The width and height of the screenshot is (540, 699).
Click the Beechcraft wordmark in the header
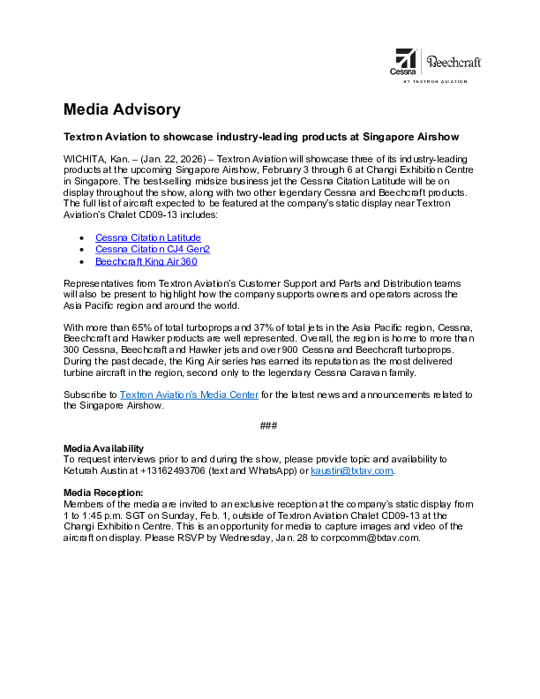coord(454,62)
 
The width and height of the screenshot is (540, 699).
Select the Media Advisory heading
coord(122,109)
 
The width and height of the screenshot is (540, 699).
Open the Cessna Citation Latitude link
coord(147,237)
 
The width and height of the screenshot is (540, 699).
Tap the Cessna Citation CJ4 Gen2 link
coord(153,250)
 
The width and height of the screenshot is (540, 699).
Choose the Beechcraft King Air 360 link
coord(146,261)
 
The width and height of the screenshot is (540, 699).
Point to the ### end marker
coord(269,426)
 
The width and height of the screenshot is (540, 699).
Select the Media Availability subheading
coord(103,448)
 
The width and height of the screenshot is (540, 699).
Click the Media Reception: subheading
coord(103,492)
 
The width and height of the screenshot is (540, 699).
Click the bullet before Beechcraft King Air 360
coord(82,262)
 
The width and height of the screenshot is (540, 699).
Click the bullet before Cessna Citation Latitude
coord(82,238)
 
